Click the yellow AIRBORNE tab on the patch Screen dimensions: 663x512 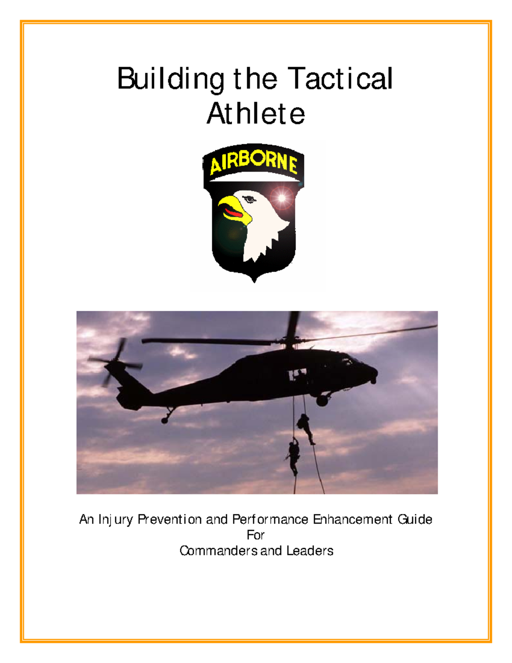253,164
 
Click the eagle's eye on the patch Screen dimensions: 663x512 248,199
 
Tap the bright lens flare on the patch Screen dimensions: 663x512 282,198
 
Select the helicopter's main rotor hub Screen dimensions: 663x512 291,341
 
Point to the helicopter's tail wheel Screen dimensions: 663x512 165,421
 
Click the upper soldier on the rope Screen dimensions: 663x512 305,427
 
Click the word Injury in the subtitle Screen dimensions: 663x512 116,520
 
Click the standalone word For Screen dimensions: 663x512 256,535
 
